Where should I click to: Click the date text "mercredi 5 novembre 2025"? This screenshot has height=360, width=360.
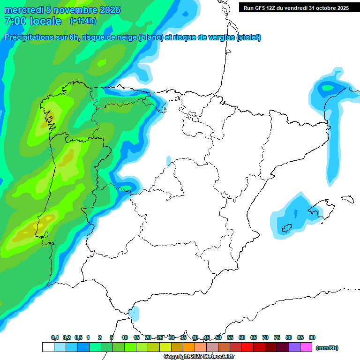point(62,10)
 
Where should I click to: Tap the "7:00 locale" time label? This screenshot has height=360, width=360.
point(32,21)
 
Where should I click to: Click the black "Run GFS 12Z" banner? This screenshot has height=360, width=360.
point(296,7)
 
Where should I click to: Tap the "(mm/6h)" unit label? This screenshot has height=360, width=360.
point(327,348)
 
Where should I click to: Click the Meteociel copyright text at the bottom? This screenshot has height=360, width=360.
point(199,357)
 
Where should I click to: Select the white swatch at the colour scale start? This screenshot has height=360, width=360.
point(48,347)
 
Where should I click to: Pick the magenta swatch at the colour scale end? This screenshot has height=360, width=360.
point(306,347)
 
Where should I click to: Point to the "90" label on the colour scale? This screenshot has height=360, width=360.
point(312,338)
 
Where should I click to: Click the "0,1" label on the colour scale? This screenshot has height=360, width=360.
point(55,338)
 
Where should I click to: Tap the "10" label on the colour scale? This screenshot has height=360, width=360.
point(125,338)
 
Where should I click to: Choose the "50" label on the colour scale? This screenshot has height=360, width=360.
point(218,338)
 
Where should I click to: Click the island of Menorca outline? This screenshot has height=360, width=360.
point(347,199)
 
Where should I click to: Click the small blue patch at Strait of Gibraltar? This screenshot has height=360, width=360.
point(135,312)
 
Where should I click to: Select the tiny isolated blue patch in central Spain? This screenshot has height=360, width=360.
point(169,161)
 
